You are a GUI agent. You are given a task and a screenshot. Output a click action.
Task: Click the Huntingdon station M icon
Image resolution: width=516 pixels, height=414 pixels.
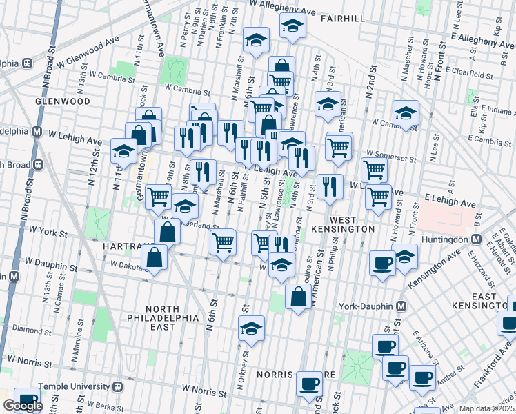click(476, 239)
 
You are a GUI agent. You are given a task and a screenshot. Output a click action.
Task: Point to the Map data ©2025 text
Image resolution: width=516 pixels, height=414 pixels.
click(487, 408)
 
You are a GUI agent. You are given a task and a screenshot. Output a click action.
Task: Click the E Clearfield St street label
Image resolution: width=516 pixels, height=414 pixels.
click(475, 70)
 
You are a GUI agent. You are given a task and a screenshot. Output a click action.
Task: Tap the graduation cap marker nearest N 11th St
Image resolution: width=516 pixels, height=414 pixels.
click(123, 151)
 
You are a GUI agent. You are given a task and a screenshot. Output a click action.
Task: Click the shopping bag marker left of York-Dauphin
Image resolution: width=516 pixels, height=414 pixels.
click(297, 298)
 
